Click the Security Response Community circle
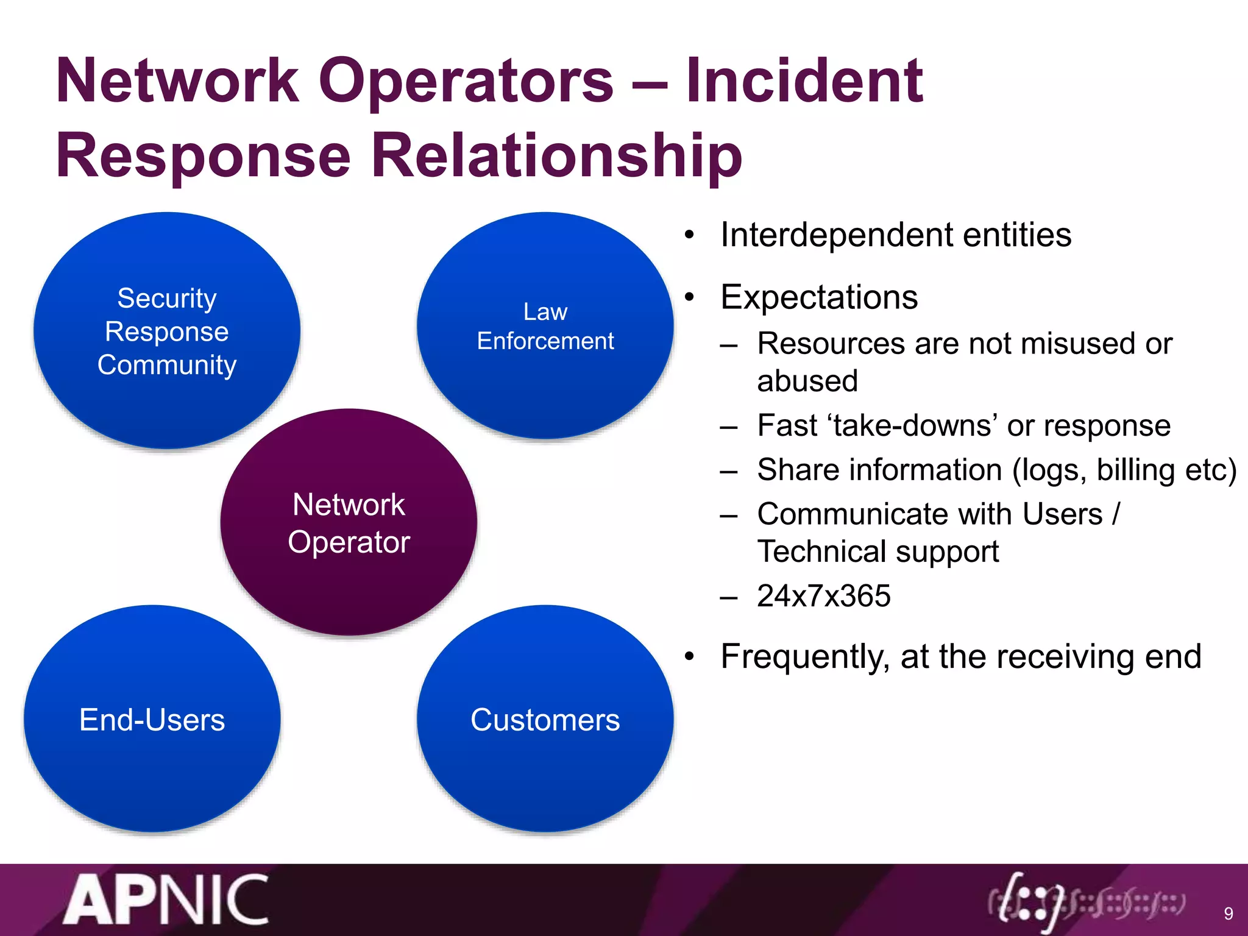coord(166,331)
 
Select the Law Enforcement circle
coord(545,326)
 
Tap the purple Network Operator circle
coord(349,523)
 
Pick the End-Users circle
coord(152,719)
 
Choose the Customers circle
coord(545,719)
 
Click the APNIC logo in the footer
coord(166,900)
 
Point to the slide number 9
coord(1228,913)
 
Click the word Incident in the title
coord(804,80)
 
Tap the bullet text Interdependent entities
coord(895,235)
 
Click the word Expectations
coord(818,297)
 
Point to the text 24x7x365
coord(823,596)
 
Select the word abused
coord(807,381)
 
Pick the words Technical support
coord(877,551)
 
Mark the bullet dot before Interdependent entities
coord(689,235)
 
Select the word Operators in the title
coord(466,80)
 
